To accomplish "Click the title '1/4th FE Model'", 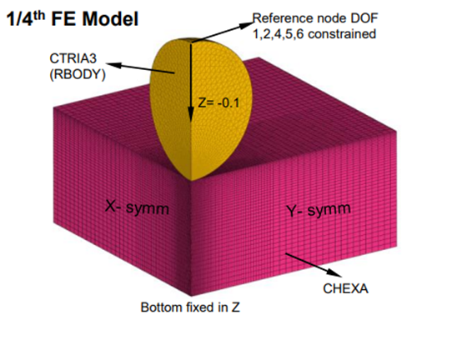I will tap(72, 17).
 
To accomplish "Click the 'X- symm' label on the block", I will tap(134, 206).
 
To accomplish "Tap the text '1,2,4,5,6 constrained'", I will tap(314, 33).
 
